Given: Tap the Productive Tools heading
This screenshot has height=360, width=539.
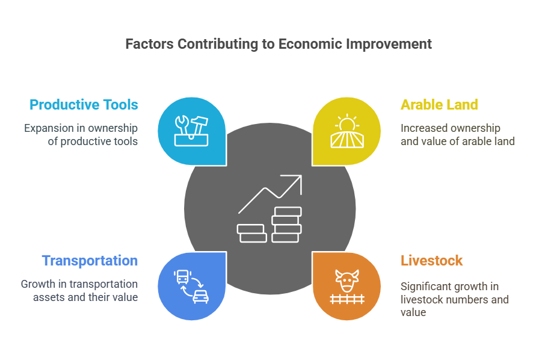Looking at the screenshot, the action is tap(84, 105).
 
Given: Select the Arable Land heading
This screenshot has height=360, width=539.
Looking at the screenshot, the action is tap(439, 105).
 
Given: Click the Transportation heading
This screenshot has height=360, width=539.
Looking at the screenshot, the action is tap(90, 261).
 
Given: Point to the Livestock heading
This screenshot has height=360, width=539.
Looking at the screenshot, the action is tap(431, 261).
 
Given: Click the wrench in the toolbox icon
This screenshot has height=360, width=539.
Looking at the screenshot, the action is tap(182, 125).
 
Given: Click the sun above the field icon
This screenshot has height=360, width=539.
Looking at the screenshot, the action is tap(347, 123).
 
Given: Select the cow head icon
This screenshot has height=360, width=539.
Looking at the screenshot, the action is tap(347, 280).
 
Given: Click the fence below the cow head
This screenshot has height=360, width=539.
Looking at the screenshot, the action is tap(347, 299).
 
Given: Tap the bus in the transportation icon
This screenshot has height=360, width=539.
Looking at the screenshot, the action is tap(182, 277).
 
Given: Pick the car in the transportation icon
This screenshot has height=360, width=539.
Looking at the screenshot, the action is tap(200, 297).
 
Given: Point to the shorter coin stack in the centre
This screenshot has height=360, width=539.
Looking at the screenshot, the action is tap(251, 234).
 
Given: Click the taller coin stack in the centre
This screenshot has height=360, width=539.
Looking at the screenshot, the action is tap(287, 225).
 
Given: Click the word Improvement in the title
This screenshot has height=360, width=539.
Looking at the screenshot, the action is tap(389, 44).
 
